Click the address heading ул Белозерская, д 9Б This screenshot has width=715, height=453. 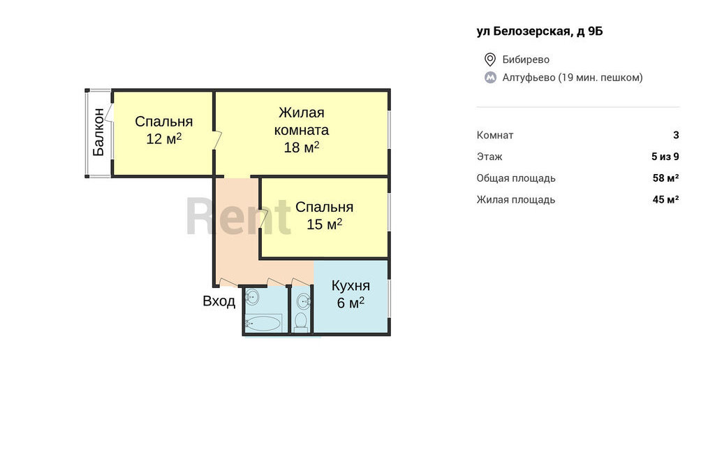540,31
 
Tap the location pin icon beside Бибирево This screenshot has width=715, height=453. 489,59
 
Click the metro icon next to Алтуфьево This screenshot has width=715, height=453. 490,78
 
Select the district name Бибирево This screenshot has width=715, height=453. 526,59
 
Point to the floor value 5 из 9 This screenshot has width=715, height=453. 665,157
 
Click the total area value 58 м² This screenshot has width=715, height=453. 665,178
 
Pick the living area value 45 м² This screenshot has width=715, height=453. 665,199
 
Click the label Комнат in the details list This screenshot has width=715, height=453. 495,135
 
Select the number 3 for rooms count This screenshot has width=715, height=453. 676,135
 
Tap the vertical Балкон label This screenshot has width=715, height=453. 98,132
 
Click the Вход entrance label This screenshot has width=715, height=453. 219,301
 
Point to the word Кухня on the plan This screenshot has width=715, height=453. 351,286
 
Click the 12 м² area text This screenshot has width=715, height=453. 163,138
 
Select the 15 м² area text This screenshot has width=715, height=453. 324,224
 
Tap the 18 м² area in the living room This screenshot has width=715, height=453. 302,147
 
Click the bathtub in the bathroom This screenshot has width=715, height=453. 263,324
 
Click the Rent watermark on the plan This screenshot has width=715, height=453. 238,215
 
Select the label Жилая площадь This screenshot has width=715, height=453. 516,199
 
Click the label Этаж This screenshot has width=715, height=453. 489,157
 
